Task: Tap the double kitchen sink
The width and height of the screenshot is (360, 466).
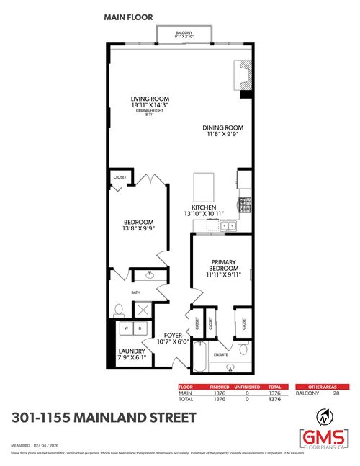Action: tap(228, 226)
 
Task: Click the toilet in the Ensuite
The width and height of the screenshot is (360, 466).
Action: tap(243, 349)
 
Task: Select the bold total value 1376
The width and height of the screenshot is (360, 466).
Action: tap(274, 398)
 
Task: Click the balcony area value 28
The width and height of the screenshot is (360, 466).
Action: tap(336, 393)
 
